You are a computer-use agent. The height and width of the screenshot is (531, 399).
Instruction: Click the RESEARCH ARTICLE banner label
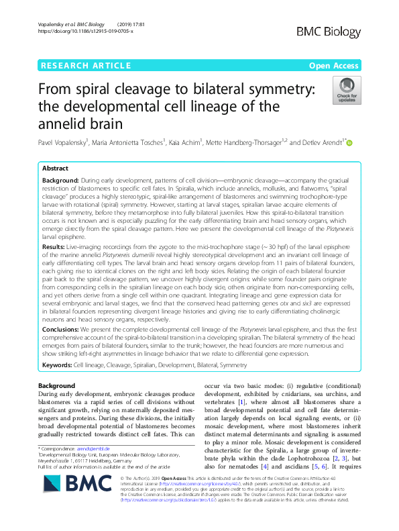coord(85,65)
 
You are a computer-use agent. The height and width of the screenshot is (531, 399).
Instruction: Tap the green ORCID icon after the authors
coord(349,143)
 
